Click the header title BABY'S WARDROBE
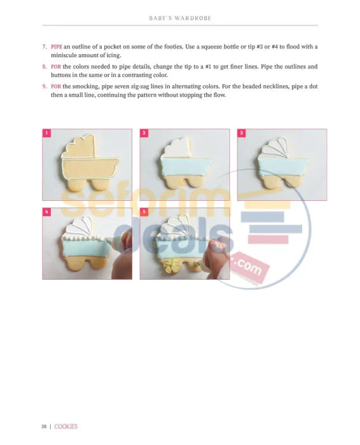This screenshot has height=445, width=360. coord(180,18)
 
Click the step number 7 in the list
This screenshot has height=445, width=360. coord(45,46)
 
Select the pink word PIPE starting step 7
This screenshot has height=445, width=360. coord(57,46)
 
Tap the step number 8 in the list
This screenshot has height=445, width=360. coord(45,67)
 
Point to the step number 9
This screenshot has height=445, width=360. coord(45,86)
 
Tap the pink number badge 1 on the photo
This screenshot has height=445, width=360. coord(46,133)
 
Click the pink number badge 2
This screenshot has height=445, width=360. coord(144,133)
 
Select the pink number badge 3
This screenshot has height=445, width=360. coord(241,133)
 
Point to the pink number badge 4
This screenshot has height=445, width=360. coord(46,212)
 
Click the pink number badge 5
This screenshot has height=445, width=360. coord(144,212)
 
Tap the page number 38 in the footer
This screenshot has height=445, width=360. coord(44,427)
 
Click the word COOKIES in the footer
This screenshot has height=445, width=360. coord(66,427)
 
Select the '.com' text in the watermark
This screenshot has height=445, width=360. coord(249,267)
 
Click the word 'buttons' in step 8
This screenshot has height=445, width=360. coord(60,75)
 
